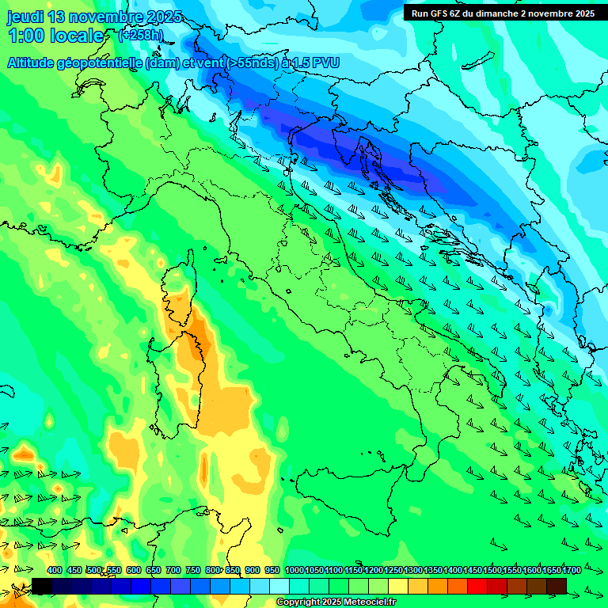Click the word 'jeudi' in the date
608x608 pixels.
point(25,17)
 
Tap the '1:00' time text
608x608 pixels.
point(26,36)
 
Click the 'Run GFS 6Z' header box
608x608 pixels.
point(500,13)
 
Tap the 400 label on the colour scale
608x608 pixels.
point(55,571)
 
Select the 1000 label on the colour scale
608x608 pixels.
point(294,571)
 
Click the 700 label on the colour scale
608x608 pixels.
point(173,571)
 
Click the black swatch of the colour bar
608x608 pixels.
point(42,586)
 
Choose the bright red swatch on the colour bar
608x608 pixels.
point(477,586)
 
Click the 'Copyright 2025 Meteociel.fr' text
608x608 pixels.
point(336,602)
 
